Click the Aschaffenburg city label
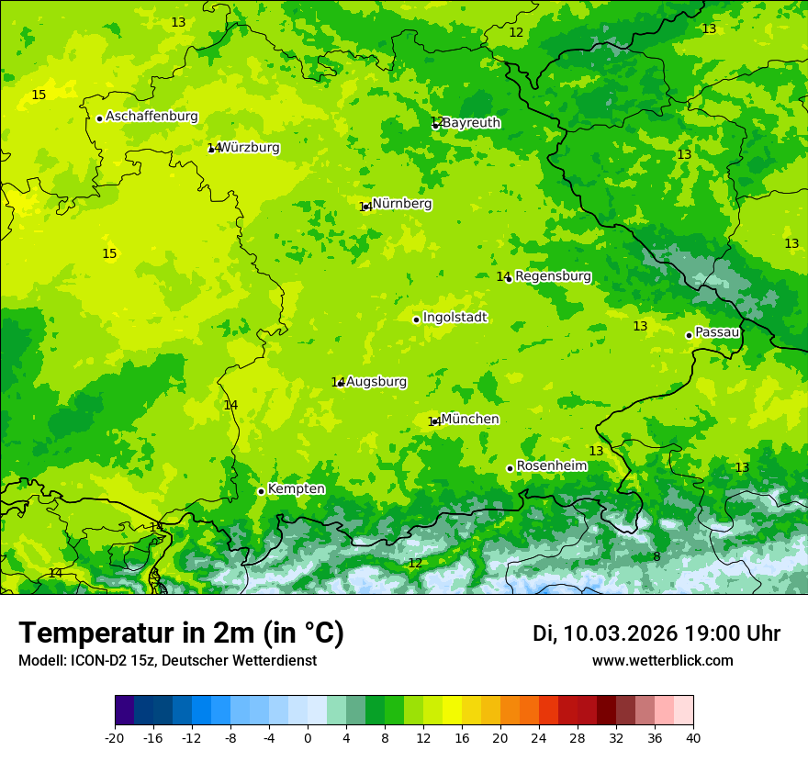pos(151,117)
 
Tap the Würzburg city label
pos(249,148)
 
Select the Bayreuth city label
pos(471,123)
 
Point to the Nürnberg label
pos(402,204)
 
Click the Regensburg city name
pos(553,276)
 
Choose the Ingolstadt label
pos(454,318)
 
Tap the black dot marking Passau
pos(689,335)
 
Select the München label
pos(470,420)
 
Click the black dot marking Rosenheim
pos(510,468)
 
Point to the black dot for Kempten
pos(261,491)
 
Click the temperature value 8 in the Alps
pos(656,557)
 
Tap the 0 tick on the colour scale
pos(308,737)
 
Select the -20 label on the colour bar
pos(115,737)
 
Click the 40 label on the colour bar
pos(693,737)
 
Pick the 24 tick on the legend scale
pos(539,737)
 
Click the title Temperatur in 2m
pos(181,633)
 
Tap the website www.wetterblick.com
pos(662,661)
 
